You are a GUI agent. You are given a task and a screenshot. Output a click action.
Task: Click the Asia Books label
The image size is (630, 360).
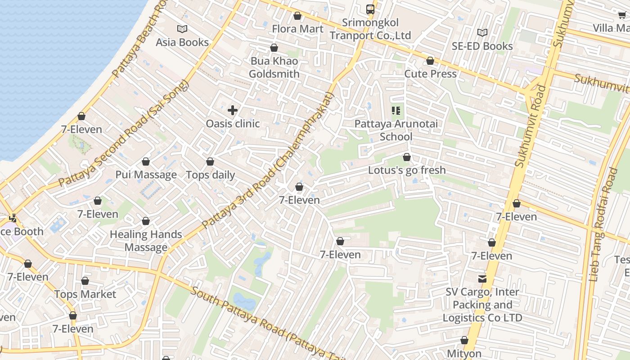click(182, 42)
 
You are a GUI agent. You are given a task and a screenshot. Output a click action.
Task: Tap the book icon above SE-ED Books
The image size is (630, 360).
click(482, 32)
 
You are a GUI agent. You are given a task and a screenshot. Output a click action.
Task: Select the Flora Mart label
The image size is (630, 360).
click(297, 29)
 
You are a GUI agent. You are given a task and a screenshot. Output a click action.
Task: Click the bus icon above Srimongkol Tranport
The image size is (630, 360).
click(370, 9)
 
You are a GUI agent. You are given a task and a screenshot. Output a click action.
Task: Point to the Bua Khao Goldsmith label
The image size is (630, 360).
click(274, 67)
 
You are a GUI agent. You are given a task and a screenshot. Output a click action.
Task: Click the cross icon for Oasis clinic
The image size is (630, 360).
click(233, 110)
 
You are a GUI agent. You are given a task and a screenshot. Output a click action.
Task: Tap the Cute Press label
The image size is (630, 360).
click(430, 74)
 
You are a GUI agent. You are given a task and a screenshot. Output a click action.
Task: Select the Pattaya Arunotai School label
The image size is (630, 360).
click(396, 130)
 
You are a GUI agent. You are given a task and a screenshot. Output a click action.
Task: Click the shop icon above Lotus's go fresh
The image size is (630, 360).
click(407, 157)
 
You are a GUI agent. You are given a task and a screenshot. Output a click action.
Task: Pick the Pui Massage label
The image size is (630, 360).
click(146, 175)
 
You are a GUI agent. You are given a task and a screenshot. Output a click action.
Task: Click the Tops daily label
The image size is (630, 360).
click(210, 175)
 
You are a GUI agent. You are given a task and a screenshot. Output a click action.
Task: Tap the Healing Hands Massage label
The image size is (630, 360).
click(146, 241)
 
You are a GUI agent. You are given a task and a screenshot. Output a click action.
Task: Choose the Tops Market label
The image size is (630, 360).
click(85, 294)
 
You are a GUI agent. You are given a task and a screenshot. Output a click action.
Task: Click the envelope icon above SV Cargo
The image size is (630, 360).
click(482, 279)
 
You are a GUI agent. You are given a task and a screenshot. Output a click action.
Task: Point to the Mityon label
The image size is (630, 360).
click(464, 354)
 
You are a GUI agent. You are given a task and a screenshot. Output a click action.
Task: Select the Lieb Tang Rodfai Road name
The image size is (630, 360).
click(603, 225)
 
